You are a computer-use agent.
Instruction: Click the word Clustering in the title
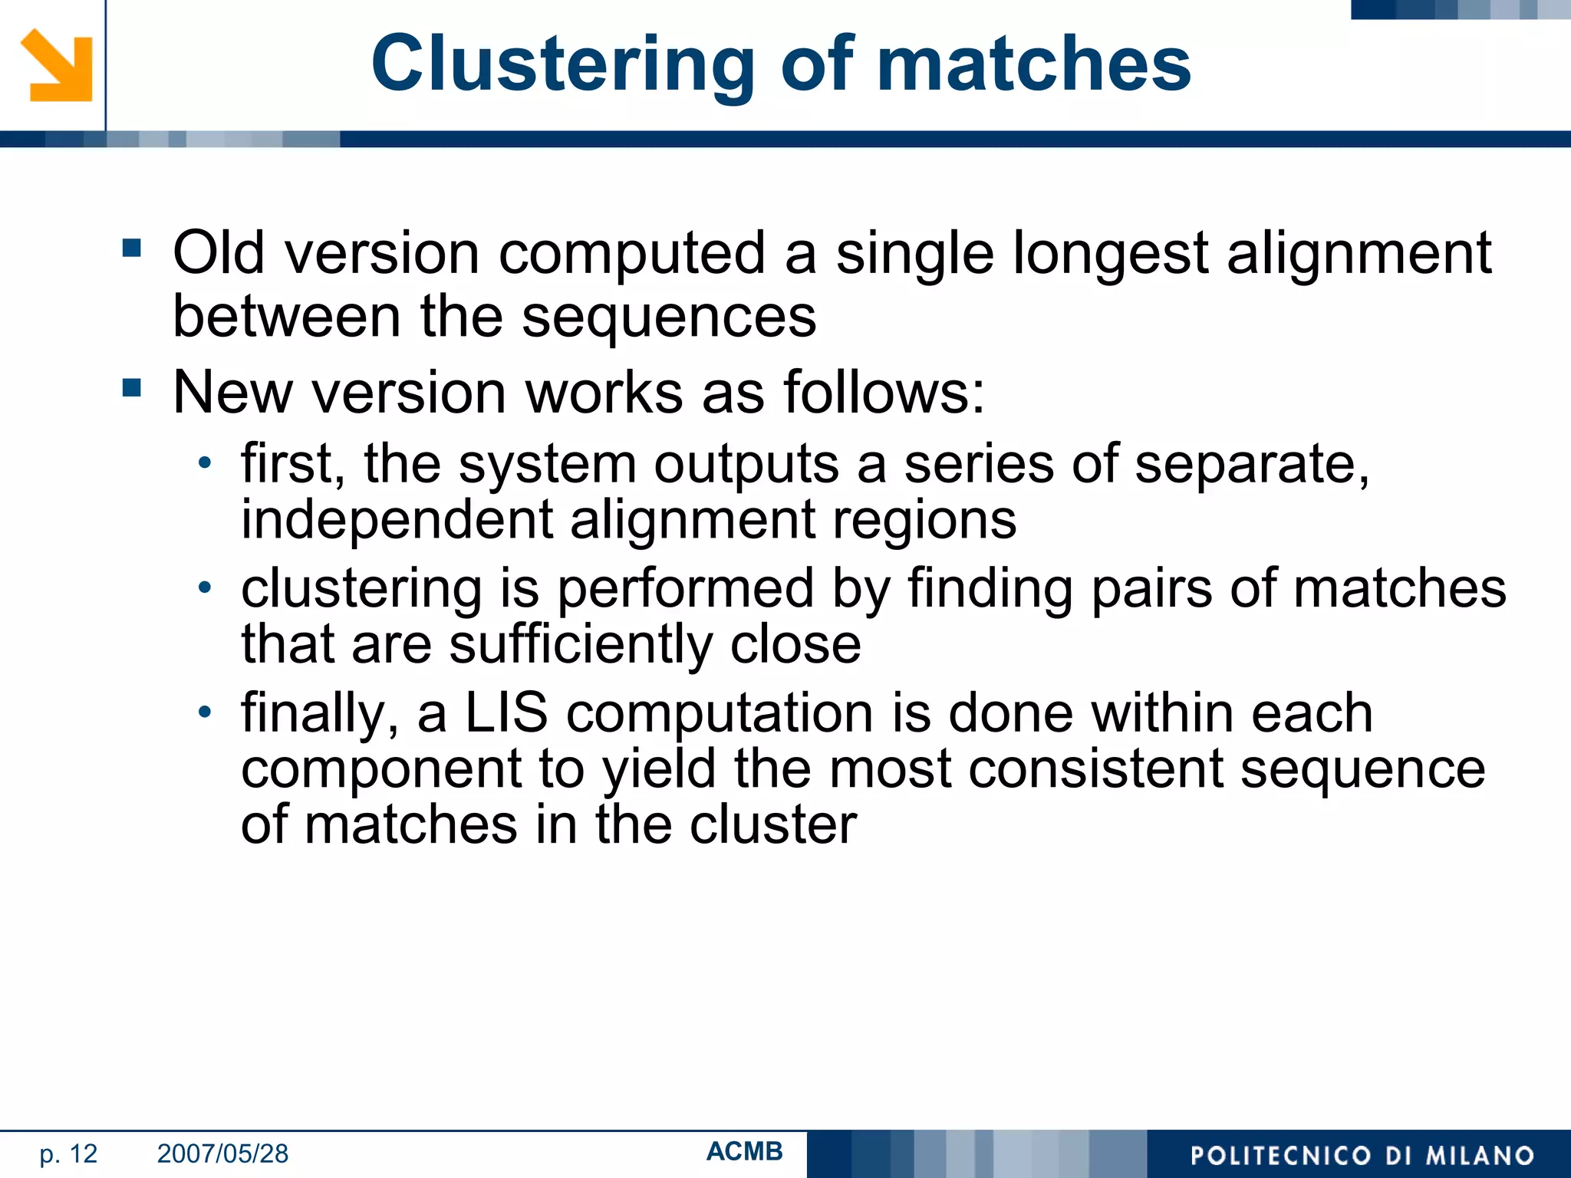[563, 65]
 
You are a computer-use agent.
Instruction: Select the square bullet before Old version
[132, 248]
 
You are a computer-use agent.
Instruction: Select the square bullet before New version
[132, 388]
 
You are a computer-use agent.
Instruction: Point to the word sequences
[669, 317]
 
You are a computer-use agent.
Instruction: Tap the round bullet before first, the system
[204, 462]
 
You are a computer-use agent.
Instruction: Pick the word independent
[397, 520]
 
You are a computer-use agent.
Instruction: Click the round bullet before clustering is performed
[204, 587]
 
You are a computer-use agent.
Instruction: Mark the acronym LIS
[506, 713]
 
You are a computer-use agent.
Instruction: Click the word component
[381, 770]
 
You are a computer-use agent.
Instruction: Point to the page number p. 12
[68, 1153]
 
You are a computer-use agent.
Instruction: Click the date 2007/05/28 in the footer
[222, 1153]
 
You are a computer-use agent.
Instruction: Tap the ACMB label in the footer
[744, 1151]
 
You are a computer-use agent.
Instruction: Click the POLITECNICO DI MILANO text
[1362, 1156]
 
